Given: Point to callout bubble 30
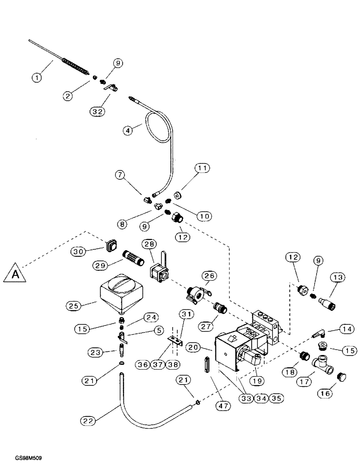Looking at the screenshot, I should click(x=80, y=251).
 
